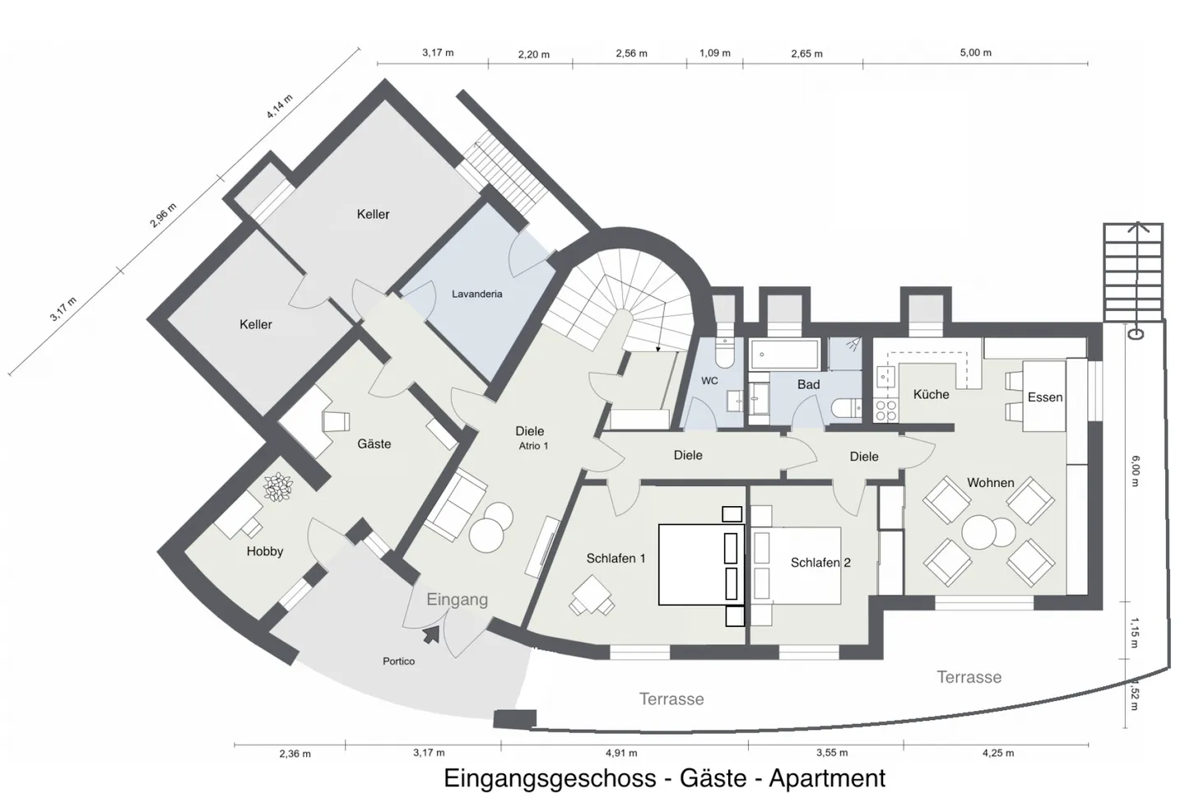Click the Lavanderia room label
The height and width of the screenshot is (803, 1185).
click(x=476, y=294)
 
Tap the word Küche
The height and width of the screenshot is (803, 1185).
click(x=931, y=394)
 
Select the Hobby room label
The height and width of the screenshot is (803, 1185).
click(x=264, y=551)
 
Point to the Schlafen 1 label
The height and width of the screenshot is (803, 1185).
click(x=616, y=558)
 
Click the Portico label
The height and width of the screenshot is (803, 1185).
click(x=399, y=661)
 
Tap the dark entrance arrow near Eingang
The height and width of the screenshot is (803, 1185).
click(x=432, y=635)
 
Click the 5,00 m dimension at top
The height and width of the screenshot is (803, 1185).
click(x=975, y=53)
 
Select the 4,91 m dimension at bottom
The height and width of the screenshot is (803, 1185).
click(x=621, y=753)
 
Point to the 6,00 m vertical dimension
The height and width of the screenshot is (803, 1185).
click(x=1136, y=471)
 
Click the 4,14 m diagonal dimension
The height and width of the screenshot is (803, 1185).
click(x=279, y=106)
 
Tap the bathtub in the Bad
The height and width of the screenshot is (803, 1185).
click(x=784, y=354)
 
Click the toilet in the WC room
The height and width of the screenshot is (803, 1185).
click(x=723, y=352)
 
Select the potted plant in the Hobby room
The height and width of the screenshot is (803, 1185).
click(x=278, y=487)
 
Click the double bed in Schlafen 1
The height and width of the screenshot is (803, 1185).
click(x=701, y=564)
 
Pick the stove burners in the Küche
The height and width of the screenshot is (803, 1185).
click(x=886, y=411)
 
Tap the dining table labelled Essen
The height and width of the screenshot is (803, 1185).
click(x=1043, y=397)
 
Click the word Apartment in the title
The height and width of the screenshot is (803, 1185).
click(x=827, y=778)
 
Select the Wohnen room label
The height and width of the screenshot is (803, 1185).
click(x=991, y=482)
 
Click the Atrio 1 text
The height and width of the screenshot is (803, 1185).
click(x=533, y=446)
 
